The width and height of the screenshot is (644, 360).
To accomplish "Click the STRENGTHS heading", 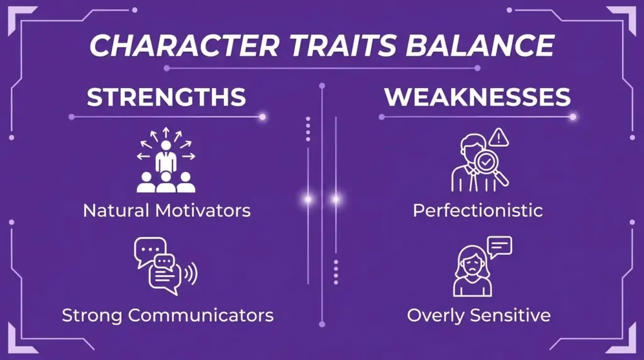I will point(166,97).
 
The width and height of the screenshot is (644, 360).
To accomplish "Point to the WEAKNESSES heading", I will point(477,97).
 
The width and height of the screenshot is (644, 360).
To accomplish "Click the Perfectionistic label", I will point(477,210).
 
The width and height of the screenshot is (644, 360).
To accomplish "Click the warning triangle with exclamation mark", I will point(498,137).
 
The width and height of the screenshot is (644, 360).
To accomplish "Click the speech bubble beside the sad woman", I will point(500,245).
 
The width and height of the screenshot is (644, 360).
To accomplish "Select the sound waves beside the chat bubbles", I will point(191,274).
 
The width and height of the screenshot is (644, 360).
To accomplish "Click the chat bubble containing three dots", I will point(148,248).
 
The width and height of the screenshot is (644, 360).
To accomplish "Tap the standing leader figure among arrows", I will point(166,157).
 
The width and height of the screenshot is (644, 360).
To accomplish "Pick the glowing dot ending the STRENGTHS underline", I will point(262,116).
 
